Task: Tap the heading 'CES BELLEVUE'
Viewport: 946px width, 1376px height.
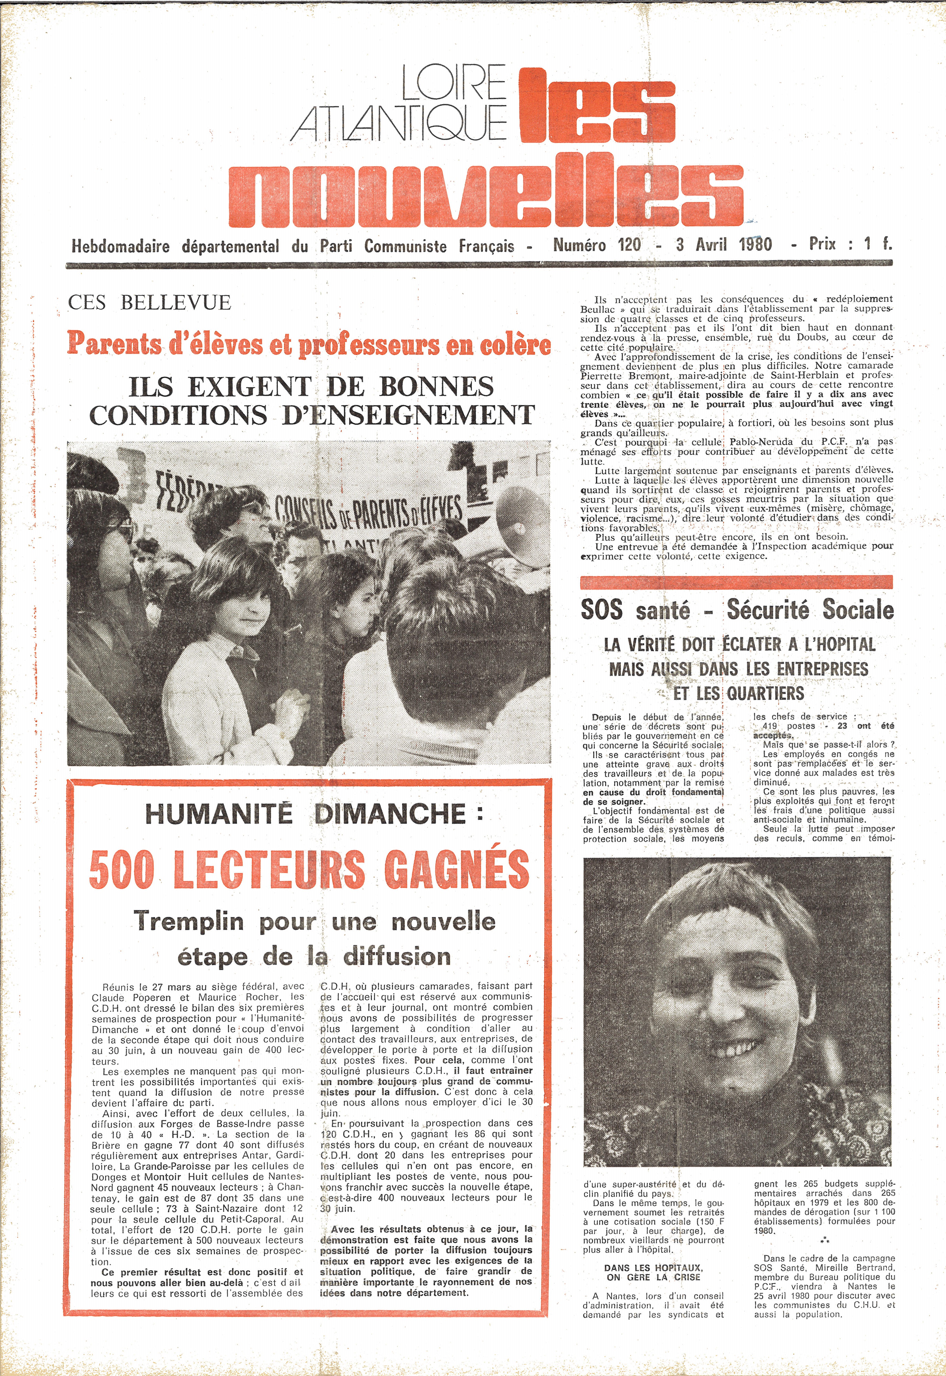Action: [x=149, y=303]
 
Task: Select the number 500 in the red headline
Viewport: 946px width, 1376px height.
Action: [x=122, y=869]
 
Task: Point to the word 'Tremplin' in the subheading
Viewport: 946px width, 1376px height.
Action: [x=189, y=922]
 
